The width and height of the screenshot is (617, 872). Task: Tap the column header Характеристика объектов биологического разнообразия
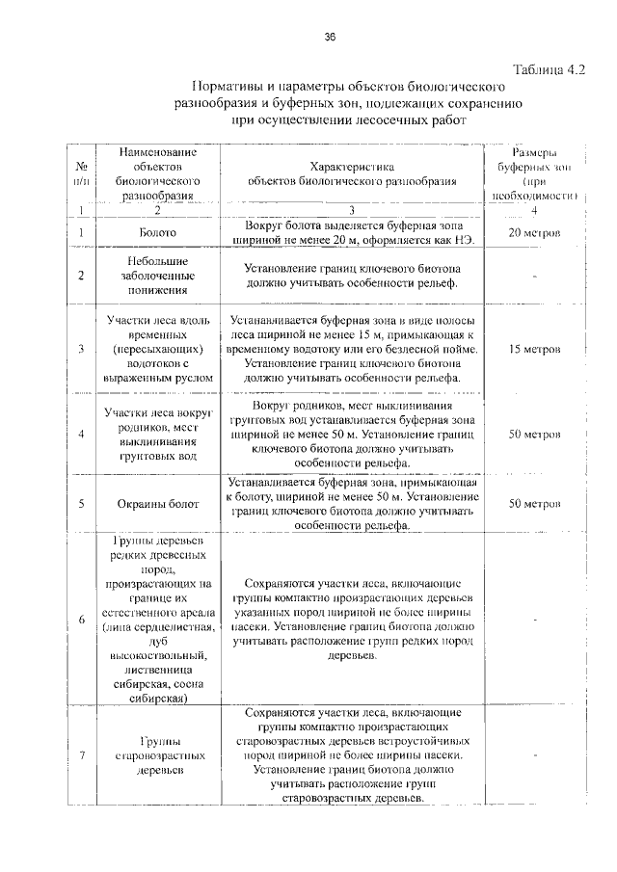[x=352, y=172]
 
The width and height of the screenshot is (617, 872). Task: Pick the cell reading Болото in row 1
[x=156, y=233]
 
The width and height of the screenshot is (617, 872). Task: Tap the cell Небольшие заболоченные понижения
[x=156, y=275]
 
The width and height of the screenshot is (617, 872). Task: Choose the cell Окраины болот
[x=156, y=503]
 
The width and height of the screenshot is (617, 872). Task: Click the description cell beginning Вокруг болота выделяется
[x=352, y=232]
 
